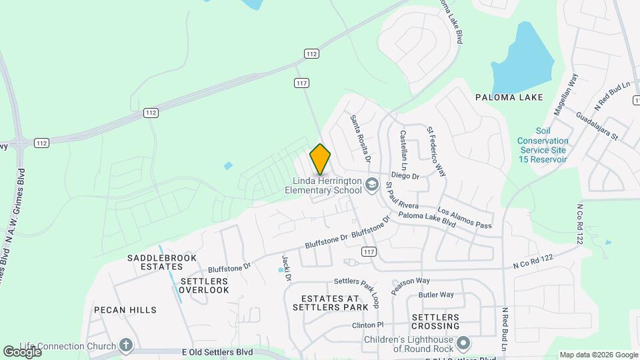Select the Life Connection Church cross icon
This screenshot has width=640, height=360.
126,345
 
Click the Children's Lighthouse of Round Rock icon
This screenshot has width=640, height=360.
464,344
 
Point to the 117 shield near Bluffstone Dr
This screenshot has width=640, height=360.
368,251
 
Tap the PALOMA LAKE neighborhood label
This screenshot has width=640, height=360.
509,97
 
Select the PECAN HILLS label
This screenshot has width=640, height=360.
125,310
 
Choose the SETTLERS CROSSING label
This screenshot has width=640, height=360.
436,321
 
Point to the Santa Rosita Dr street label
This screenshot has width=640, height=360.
361,139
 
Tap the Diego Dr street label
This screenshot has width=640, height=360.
405,177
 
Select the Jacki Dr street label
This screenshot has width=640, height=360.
288,267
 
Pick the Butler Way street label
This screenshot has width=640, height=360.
436,295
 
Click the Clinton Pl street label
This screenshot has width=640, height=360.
368,325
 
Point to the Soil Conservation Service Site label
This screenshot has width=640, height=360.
543,150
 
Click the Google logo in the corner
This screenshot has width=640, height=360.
22,351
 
